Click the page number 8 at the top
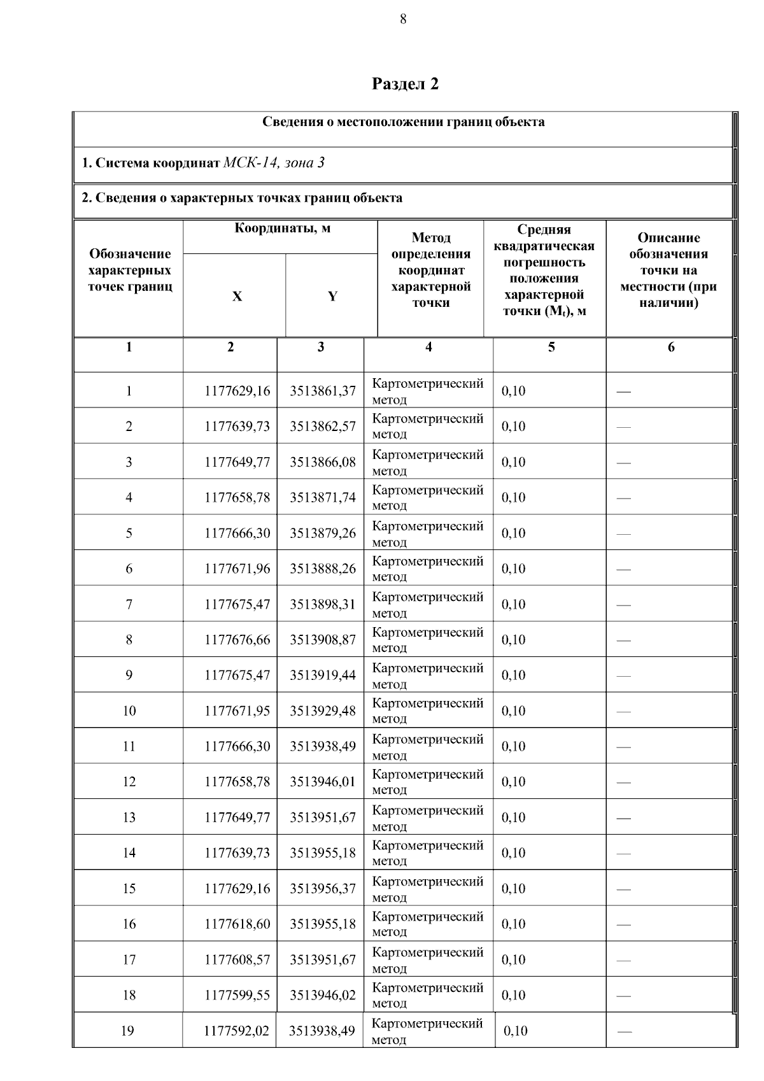tap(403, 19)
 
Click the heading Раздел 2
tap(405, 84)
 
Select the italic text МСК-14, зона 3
tap(274, 163)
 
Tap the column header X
tap(237, 297)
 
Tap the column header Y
tap(332, 297)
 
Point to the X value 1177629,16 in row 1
tap(237, 391)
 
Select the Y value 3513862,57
tap(323, 427)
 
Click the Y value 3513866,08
tap(323, 462)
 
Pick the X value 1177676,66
tap(237, 640)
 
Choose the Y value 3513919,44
tap(323, 675)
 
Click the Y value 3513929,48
tap(323, 711)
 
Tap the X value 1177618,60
tap(237, 924)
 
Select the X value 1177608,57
tap(237, 960)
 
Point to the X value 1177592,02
tap(236, 1031)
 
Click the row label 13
tap(129, 817)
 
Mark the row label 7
tap(129, 604)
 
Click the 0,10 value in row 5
tap(513, 533)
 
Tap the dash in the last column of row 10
tap(623, 712)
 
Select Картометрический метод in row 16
tap(427, 924)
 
